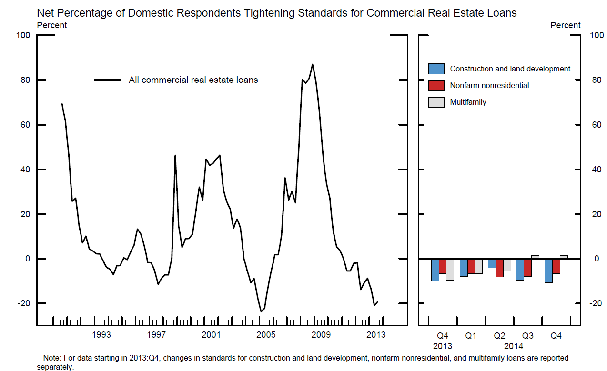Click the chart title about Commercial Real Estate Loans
[x=276, y=13]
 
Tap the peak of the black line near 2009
[x=312, y=64]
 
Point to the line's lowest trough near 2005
[x=261, y=311]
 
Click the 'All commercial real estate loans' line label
[x=193, y=80]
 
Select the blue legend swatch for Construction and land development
[x=436, y=69]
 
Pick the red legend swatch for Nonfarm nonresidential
[x=436, y=85]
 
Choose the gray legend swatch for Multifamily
[x=436, y=102]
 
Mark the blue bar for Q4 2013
[x=435, y=270]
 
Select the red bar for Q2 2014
[x=499, y=268]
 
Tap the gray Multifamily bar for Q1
[x=478, y=266]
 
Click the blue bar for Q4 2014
[x=548, y=271]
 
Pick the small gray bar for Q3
[x=535, y=257]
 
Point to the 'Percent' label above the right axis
[x=566, y=25]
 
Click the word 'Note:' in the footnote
[x=52, y=358]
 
